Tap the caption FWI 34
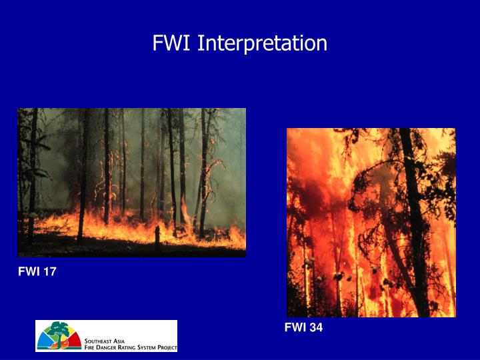303,327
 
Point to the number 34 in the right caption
316,327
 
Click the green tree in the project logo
61,331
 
